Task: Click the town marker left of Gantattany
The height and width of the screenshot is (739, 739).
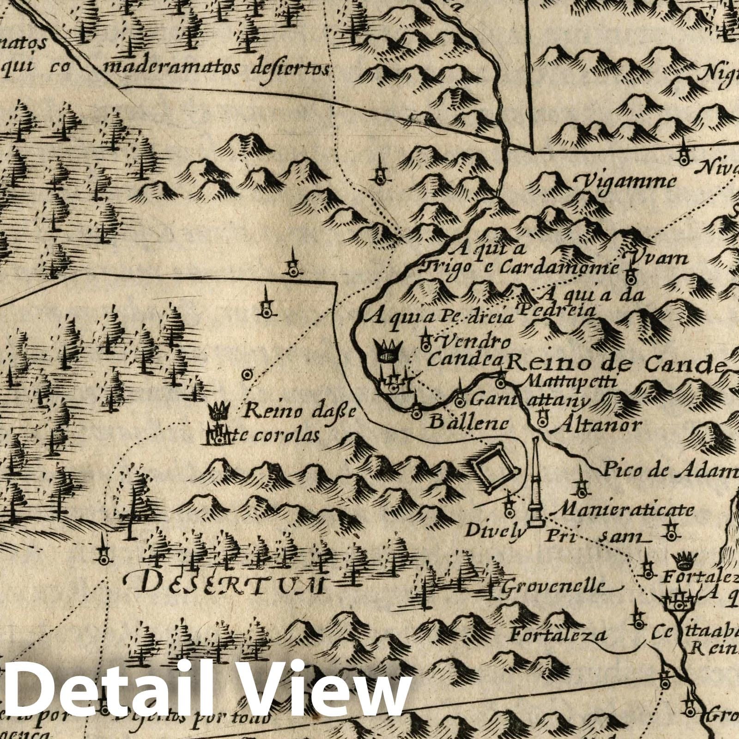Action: point(460,401)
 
